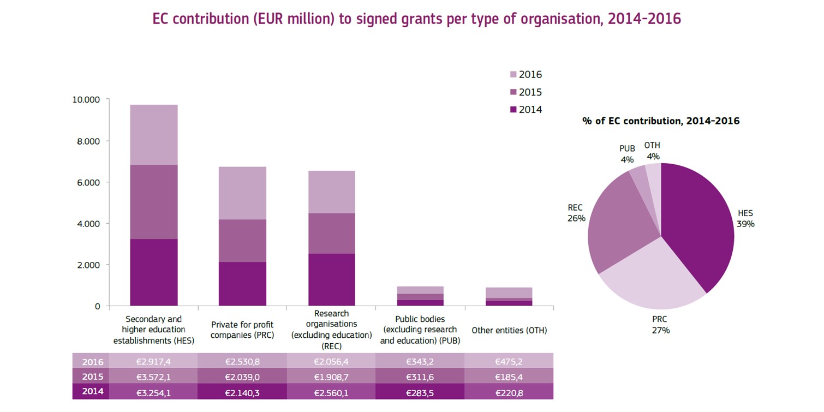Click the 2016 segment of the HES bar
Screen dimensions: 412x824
coord(153,134)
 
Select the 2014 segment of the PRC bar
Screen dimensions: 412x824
coord(242,284)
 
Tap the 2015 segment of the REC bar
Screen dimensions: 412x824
coord(331,233)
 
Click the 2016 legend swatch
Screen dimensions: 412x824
coord(513,75)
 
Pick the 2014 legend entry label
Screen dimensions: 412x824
coord(530,110)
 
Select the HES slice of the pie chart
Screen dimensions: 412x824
coord(698,224)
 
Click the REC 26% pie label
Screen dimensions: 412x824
coord(576,213)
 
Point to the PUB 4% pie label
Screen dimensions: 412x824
coord(627,154)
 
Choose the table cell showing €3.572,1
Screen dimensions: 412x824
coord(153,377)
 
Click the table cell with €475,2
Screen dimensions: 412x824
coord(509,362)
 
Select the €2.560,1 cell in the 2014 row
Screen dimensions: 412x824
coord(331,392)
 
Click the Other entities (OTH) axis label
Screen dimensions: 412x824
coord(509,330)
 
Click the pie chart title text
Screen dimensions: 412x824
coord(661,121)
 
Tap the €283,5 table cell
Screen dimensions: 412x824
coord(420,392)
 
